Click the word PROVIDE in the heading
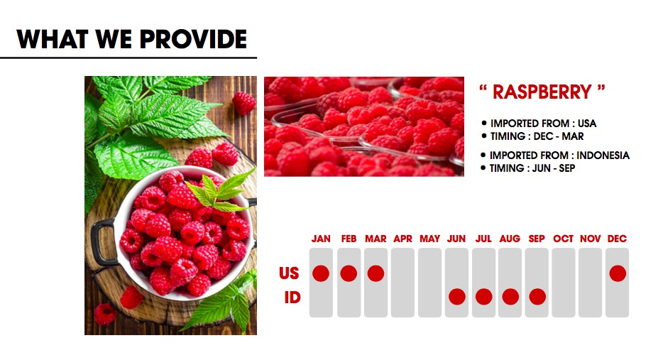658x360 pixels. tap(193, 39)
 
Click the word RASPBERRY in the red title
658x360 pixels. tap(542, 92)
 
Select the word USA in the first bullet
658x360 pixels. tap(586, 124)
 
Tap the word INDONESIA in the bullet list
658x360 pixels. tap(603, 156)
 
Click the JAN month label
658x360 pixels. tap(321, 239)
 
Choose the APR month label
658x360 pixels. tap(403, 239)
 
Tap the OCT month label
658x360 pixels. tap(563, 239)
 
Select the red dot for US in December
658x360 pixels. tap(618, 273)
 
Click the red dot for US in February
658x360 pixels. tap(349, 273)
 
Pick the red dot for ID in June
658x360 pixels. tap(456, 297)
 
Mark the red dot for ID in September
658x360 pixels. tap(537, 297)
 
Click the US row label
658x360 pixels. tap(289, 273)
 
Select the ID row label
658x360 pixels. tap(292, 298)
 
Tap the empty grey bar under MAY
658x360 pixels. tap(429, 283)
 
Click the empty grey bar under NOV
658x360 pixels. tap(590, 283)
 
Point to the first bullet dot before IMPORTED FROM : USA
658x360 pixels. tap(484, 124)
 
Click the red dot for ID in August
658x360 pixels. tap(510, 297)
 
